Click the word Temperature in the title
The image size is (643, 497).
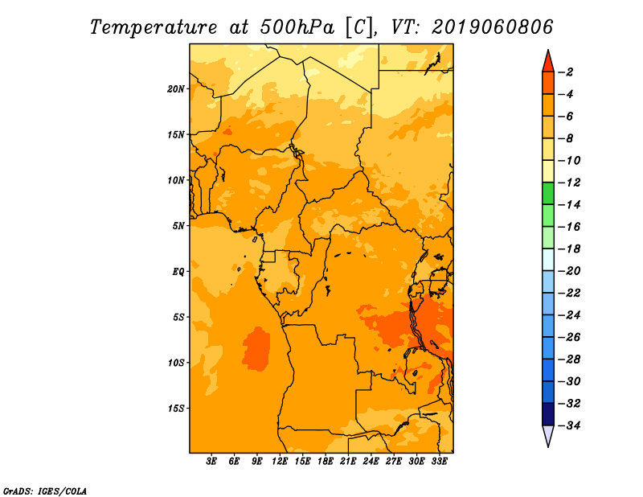tap(154, 27)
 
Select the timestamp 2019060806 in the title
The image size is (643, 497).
tap(493, 27)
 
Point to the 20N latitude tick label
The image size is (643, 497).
tap(176, 89)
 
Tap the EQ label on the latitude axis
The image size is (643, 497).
tap(178, 272)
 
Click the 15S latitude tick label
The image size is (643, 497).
tap(176, 409)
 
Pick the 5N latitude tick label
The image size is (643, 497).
tap(178, 226)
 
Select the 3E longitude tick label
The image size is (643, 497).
tap(211, 462)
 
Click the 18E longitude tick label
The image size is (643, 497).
tap(326, 462)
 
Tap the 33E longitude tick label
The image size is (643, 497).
tap(439, 462)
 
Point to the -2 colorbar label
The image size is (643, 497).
tap(566, 72)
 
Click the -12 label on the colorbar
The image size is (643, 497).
tap(569, 183)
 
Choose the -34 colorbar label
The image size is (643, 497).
tap(569, 425)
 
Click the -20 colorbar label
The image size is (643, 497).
tap(569, 271)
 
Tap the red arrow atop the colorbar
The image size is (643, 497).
tap(548, 62)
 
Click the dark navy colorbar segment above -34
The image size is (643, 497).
tap(548, 414)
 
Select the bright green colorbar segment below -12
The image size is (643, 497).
tap(548, 193)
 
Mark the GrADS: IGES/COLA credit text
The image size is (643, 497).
tap(45, 491)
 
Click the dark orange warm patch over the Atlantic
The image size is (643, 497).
tap(256, 349)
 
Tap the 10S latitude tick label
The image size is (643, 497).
tap(176, 363)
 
